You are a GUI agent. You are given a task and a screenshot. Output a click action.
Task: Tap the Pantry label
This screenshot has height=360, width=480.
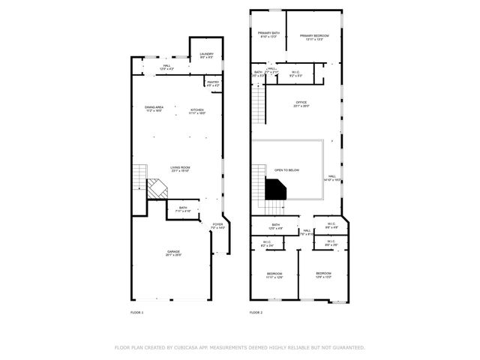pos(213,84)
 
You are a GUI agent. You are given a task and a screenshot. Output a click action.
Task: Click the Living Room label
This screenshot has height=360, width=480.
pos(180,169)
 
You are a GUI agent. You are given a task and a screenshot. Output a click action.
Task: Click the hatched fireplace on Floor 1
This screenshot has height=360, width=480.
pos(157,188)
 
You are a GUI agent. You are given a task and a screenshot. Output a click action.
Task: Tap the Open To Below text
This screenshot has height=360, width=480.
pos(286,170)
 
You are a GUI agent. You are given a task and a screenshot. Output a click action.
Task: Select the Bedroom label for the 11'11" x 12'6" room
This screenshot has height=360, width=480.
pos(274,274)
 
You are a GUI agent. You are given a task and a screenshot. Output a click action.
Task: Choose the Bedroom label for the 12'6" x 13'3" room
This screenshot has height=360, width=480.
pos(323,274)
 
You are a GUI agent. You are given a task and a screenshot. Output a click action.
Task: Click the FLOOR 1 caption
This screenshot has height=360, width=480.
pos(136,312)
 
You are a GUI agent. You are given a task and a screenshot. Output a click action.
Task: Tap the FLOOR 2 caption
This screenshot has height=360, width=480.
pos(256,312)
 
